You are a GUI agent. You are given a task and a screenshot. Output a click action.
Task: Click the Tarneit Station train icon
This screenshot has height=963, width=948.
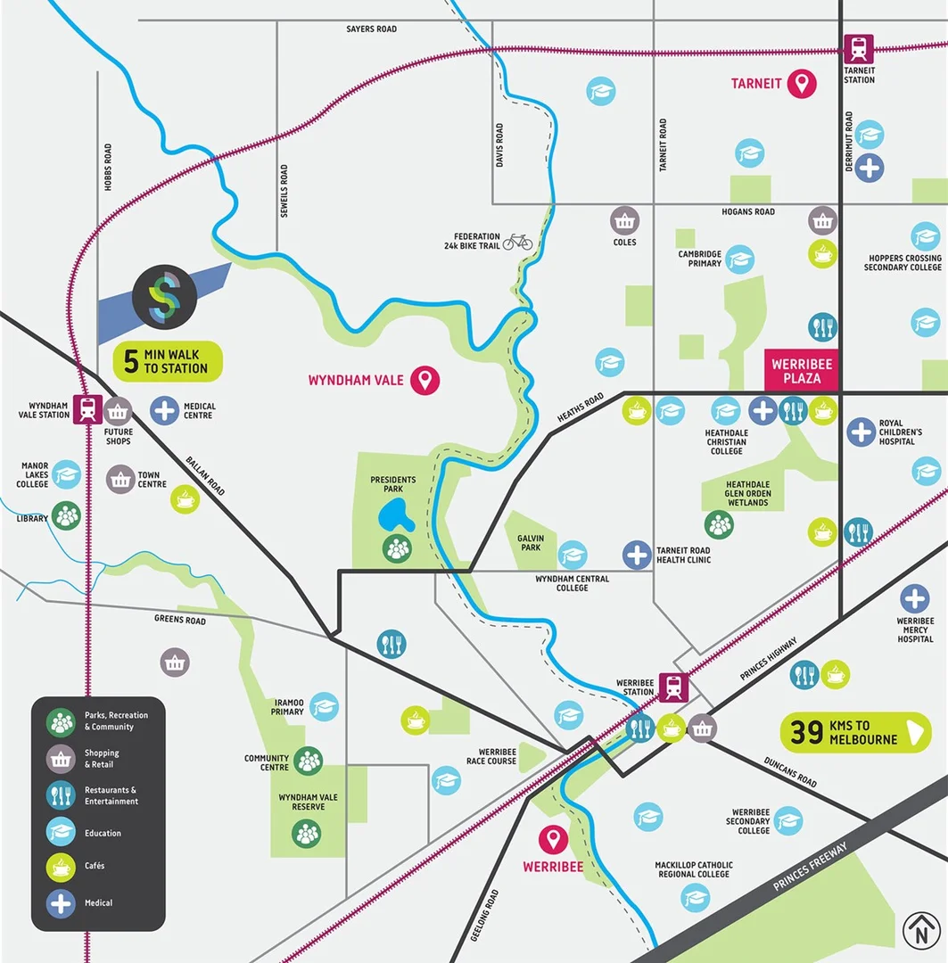[x=859, y=47]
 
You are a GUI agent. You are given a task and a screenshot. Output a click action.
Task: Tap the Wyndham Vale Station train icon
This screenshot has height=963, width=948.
[x=87, y=410]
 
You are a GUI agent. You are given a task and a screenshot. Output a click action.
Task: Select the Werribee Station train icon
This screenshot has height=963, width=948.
[x=673, y=687]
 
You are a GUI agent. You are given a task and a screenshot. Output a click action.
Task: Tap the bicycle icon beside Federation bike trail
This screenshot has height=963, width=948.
[x=517, y=242]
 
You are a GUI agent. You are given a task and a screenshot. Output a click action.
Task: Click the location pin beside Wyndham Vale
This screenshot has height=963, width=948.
[x=428, y=381]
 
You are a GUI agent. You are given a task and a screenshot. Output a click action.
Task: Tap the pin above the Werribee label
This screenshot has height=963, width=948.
[x=554, y=839]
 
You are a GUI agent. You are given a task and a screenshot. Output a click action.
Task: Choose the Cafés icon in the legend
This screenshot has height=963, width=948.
[x=61, y=866]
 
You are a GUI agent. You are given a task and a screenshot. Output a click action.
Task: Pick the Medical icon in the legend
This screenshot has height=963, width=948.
[x=61, y=903]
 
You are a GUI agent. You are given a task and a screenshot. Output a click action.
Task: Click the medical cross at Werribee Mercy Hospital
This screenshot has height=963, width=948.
[x=914, y=598]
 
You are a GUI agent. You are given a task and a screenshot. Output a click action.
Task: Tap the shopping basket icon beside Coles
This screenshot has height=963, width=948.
[x=624, y=220]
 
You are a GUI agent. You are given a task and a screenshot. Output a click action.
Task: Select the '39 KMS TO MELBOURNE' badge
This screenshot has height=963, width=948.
[x=855, y=733]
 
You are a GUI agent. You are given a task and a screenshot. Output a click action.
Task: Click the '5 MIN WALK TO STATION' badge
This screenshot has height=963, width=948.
[x=168, y=361]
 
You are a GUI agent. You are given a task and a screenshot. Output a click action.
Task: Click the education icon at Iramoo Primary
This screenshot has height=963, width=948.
[x=324, y=706]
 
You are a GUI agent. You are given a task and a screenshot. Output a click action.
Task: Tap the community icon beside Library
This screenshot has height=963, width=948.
[x=65, y=515]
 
